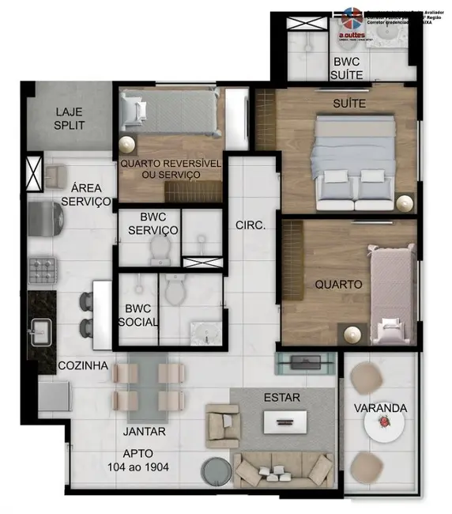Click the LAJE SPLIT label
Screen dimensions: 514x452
click(x=70, y=118)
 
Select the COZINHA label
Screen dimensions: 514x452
click(x=82, y=366)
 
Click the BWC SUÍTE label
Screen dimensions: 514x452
click(x=348, y=68)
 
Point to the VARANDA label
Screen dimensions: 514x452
click(x=380, y=408)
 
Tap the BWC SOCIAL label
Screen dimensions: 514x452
click(x=138, y=316)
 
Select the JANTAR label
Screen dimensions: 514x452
click(x=145, y=431)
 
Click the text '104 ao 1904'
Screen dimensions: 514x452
click(x=139, y=467)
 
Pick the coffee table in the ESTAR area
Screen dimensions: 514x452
click(x=281, y=422)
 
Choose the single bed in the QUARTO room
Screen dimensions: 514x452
click(x=390, y=293)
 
